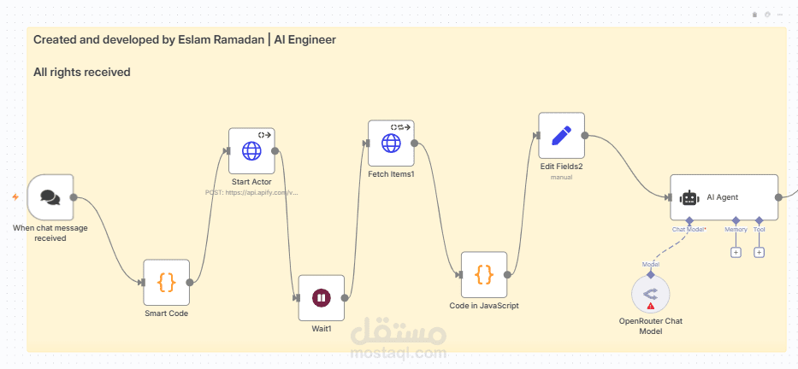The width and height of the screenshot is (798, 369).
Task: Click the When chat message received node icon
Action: pos(50,197)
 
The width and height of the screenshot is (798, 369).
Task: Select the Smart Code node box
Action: pos(166,282)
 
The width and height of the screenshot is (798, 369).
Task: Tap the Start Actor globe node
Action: pos(251,151)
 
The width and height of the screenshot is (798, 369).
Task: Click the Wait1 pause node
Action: pos(321,297)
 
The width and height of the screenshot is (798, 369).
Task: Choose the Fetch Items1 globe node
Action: pos(391,143)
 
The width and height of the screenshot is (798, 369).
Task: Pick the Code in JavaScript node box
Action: pos(484,274)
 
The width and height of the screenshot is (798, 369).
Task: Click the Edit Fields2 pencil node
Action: pos(561,136)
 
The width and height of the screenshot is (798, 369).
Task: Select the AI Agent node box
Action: pos(724,197)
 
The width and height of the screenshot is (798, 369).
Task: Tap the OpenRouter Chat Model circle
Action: pos(651,295)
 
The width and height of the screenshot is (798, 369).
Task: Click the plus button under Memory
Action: pos(736,252)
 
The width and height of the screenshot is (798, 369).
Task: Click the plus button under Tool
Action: pos(759,252)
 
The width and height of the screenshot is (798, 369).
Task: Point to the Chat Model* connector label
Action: pos(689,230)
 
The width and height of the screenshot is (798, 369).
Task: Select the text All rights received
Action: pos(82,73)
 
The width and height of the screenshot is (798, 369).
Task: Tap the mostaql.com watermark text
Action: pos(398,353)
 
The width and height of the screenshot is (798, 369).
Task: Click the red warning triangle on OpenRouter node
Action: pos(651,305)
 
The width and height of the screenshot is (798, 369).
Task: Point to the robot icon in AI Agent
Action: pos(689,197)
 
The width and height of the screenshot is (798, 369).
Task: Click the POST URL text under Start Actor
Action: pos(251,193)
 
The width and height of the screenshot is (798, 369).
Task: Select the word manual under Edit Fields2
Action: pos(561,178)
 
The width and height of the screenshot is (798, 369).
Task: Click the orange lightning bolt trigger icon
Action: pos(15,197)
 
